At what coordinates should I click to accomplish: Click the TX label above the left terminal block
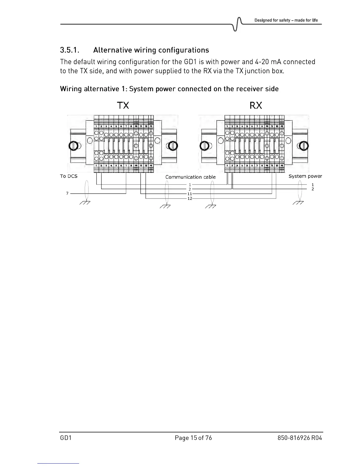[123, 105]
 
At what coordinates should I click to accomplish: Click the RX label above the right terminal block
[256, 105]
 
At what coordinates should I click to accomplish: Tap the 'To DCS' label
[69, 176]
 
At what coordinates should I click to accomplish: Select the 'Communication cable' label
[190, 177]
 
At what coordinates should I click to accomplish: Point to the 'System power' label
[305, 176]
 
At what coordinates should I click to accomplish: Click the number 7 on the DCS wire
[67, 193]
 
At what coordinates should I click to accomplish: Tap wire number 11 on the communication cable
[190, 194]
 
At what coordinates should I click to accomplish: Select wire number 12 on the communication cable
[190, 199]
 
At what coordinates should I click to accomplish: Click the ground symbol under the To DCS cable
[85, 203]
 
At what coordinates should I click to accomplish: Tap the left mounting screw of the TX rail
[73, 146]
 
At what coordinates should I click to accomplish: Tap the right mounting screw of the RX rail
[303, 146]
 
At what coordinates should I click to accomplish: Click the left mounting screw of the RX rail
[205, 146]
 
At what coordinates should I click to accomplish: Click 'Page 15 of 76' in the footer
[193, 438]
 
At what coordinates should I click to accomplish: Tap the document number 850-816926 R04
[300, 438]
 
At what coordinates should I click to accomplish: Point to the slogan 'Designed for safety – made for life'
[286, 20]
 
